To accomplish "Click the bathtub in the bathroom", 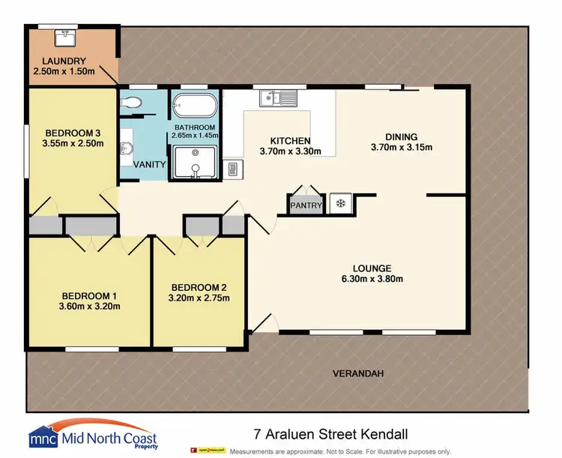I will (x=194, y=103).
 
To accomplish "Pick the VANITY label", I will (x=150, y=164).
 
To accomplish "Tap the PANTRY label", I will (x=306, y=205).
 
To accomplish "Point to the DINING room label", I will (x=402, y=136).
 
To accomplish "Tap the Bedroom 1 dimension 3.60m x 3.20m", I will (x=89, y=305).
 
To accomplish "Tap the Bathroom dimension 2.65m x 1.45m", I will (x=195, y=136).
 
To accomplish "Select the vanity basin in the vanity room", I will (x=125, y=147).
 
